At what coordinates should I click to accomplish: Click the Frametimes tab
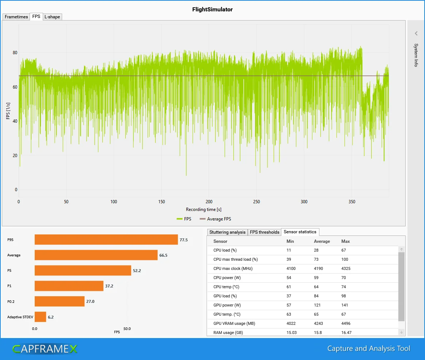pos(16,17)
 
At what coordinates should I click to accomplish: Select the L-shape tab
pos(52,17)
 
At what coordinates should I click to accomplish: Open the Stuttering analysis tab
pos(227,232)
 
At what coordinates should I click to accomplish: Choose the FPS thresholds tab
pos(265,232)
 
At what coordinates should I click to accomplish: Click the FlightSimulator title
pos(212,10)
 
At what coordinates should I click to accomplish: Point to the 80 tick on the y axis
pos(15,53)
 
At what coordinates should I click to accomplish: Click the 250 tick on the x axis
pos(257,202)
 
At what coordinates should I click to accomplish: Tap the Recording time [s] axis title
pos(204,209)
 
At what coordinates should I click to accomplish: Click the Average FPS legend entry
pos(215,219)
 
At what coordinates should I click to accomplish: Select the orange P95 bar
pos(106,240)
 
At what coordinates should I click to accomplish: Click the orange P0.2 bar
pos(60,301)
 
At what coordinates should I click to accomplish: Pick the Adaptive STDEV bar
pos(40,317)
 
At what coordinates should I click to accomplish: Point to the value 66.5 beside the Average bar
pos(163,255)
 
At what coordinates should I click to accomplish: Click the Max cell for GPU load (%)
pos(344,296)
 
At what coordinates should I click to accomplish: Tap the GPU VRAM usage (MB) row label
pos(234,323)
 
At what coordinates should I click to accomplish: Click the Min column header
pos(290,241)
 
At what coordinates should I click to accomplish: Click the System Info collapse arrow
pos(416,33)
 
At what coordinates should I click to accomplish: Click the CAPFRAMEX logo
pos(45,349)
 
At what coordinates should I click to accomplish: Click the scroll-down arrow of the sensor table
pos(401,332)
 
